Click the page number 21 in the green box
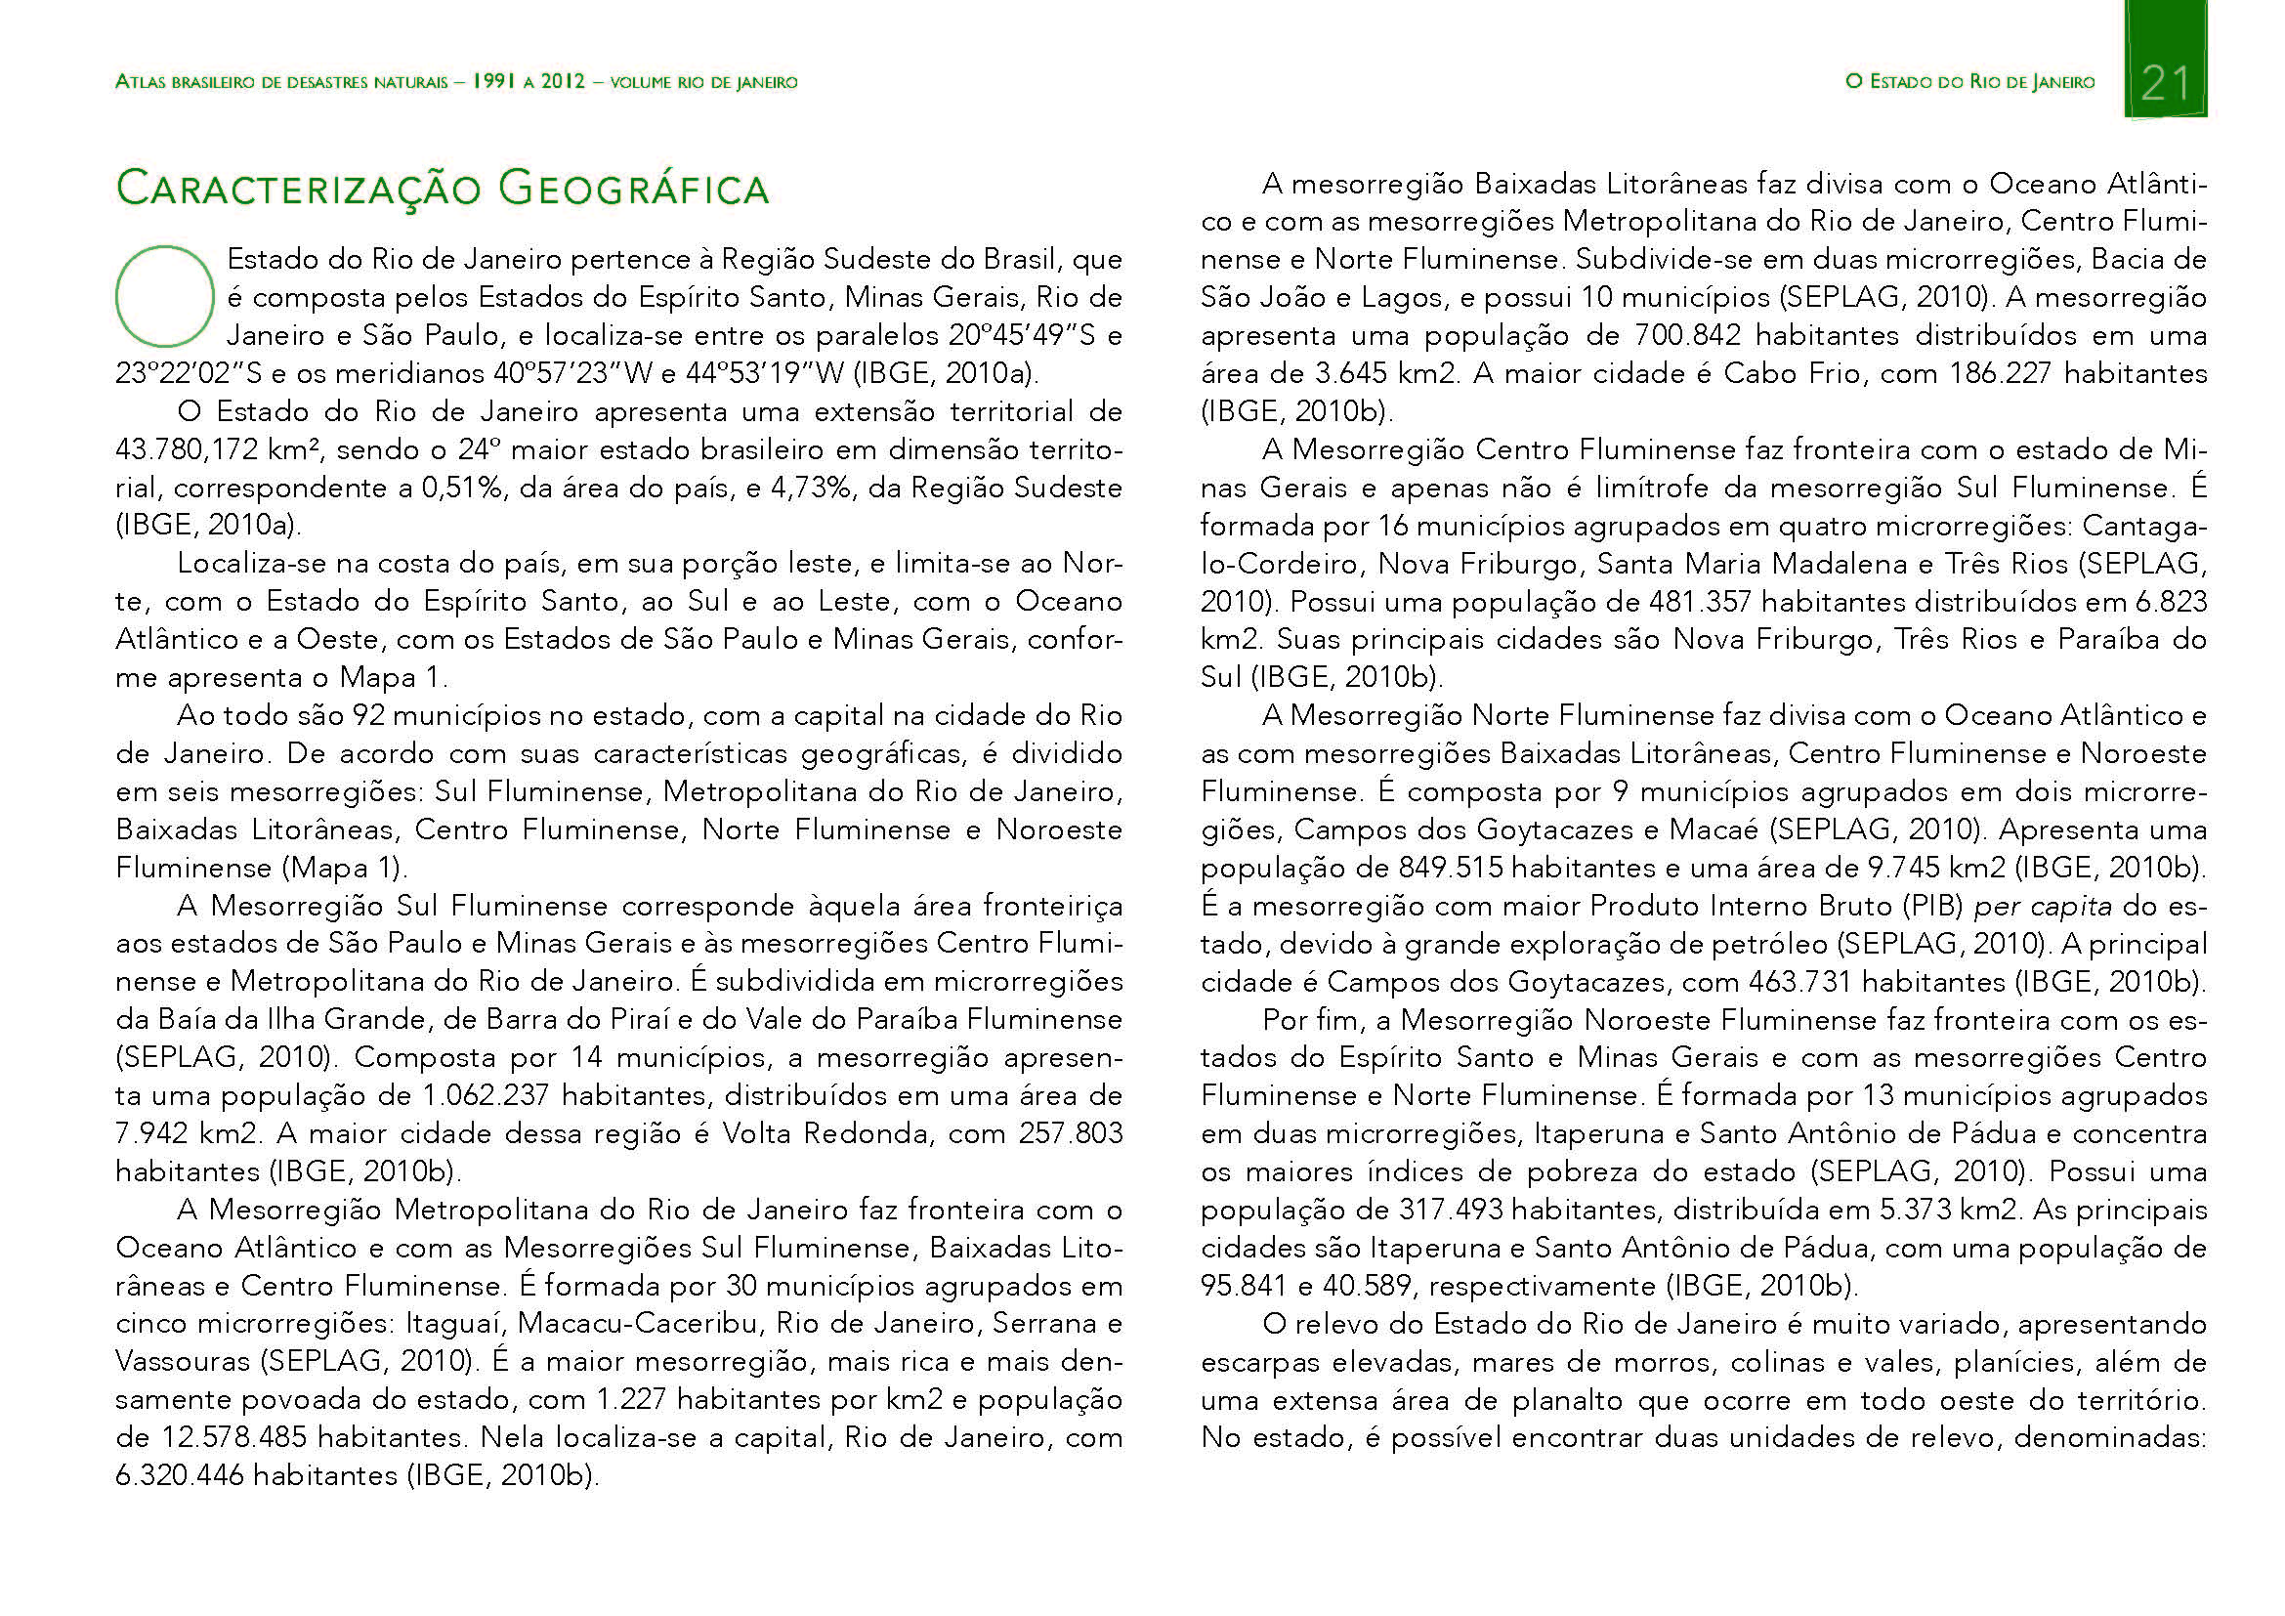2166,82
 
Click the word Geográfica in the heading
634,188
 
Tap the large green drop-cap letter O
165,295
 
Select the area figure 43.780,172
187,449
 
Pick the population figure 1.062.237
486,1095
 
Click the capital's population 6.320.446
179,1474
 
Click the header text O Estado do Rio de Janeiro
1969,82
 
